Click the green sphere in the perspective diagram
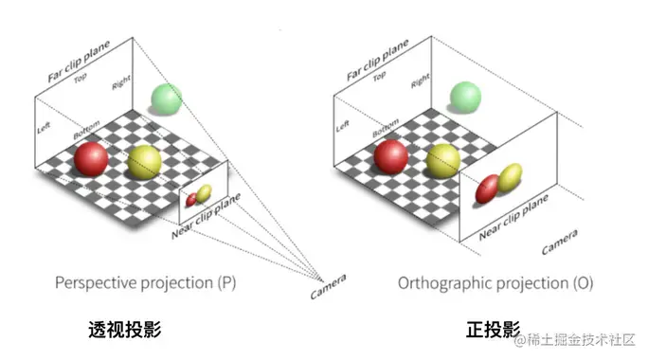tap(165, 99)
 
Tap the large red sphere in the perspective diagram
tap(92, 157)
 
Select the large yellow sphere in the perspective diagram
tap(145, 163)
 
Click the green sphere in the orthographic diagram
tap(466, 97)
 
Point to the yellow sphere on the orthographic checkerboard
tap(443, 161)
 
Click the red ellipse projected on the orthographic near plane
tap(487, 189)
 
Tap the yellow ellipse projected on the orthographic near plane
tap(510, 177)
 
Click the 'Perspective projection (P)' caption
tap(146, 282)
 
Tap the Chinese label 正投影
tap(493, 330)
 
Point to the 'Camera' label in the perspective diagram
tap(328, 286)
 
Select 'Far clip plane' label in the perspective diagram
tap(81, 62)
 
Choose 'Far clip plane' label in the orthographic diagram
tap(380, 61)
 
